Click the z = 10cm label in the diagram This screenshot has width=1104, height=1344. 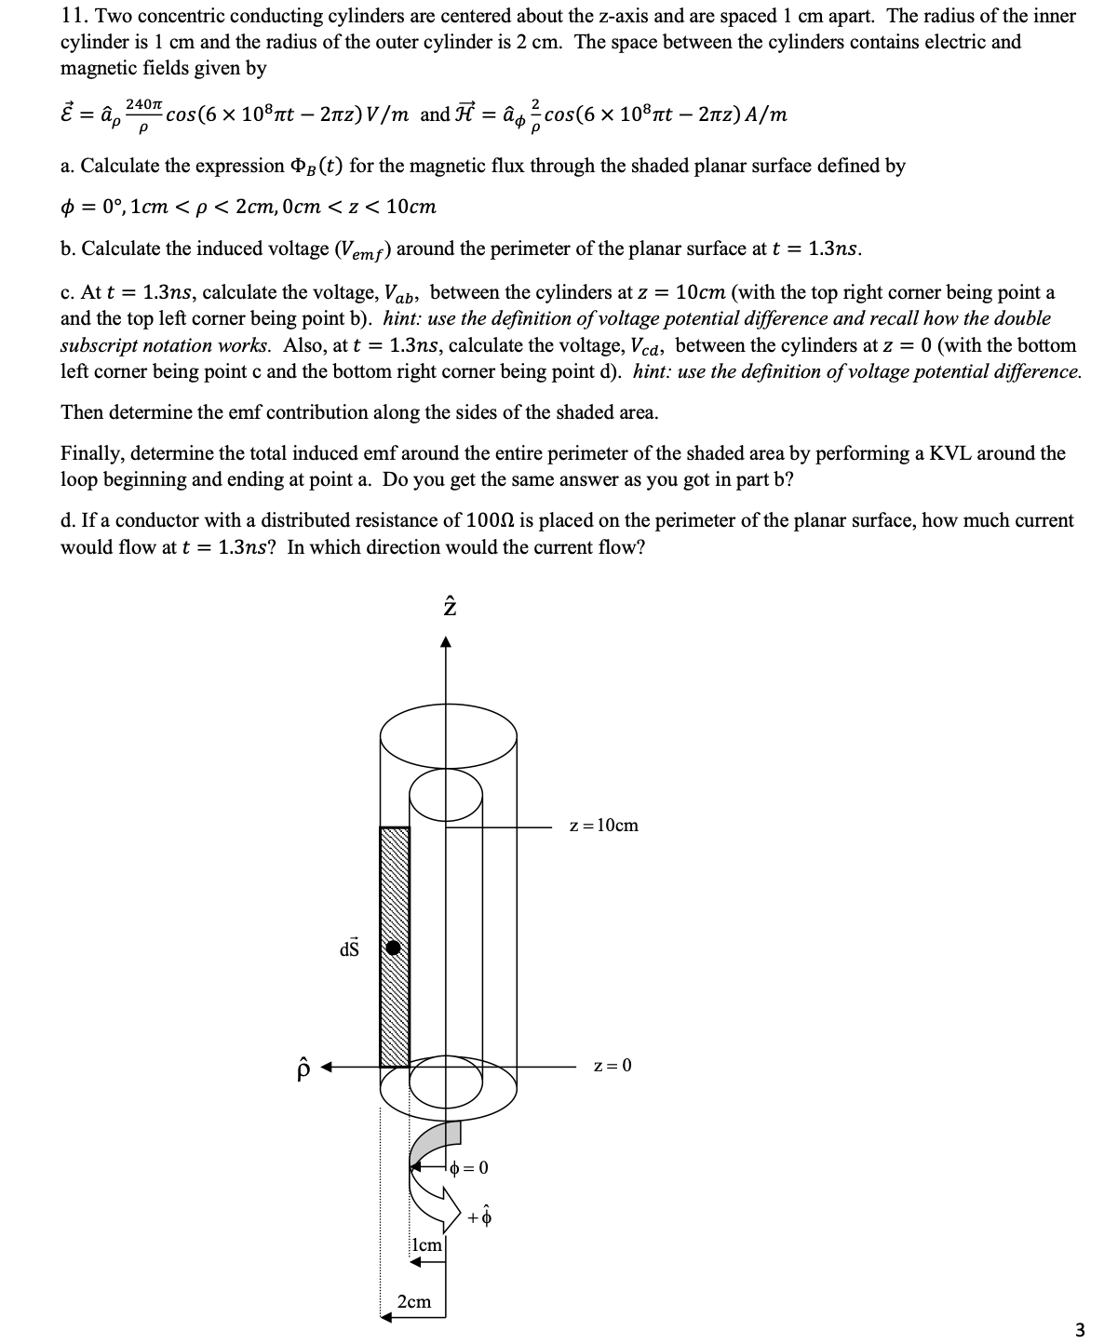(x=603, y=826)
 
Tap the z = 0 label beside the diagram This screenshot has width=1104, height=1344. (x=613, y=1065)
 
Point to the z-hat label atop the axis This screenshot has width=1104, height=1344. (x=448, y=606)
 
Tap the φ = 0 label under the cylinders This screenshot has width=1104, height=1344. (x=469, y=1167)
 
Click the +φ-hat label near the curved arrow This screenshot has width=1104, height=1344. (x=480, y=1216)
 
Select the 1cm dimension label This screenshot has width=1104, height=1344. (x=426, y=1244)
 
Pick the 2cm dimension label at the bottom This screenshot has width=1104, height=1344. (x=414, y=1301)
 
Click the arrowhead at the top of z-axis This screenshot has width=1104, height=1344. (x=447, y=641)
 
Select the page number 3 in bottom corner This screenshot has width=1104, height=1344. (x=1079, y=1329)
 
